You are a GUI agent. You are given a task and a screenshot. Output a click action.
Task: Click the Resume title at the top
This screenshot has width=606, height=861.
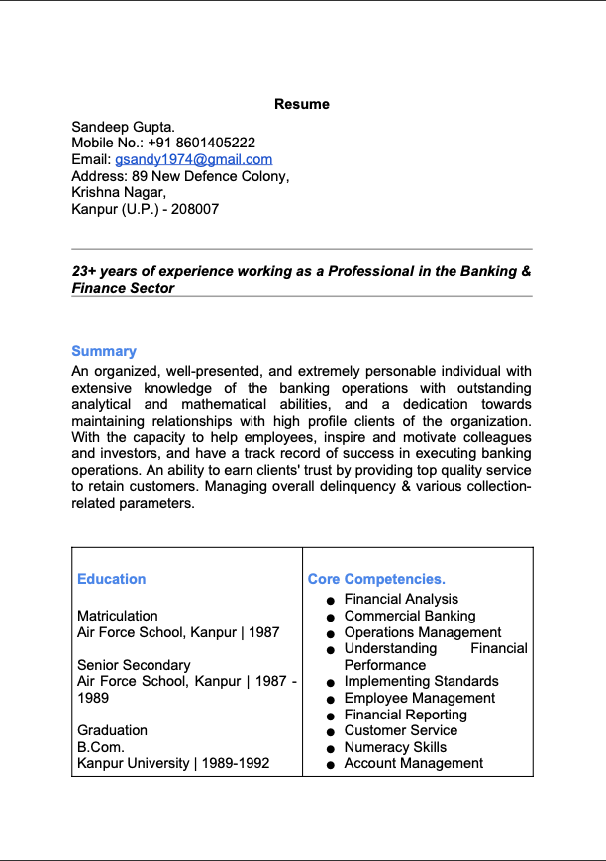coord(302,104)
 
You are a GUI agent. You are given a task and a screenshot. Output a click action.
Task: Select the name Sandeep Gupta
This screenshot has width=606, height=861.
coord(123,127)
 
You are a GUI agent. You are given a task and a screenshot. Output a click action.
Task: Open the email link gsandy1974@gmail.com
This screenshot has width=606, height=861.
coord(193,159)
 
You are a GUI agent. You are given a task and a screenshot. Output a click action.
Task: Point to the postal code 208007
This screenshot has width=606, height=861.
coord(195,209)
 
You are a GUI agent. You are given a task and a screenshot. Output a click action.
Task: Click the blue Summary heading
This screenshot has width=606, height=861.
coord(104,351)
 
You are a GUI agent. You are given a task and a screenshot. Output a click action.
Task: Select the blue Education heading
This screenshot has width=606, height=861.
coord(111,579)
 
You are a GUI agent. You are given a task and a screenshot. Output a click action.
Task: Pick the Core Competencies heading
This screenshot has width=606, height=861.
coord(376,579)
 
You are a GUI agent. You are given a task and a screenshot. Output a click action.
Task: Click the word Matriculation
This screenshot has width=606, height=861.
coord(118,616)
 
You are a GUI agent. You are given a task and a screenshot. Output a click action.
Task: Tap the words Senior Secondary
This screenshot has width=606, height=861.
coord(134,665)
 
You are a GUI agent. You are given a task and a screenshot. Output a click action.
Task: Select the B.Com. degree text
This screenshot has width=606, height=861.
coord(101,747)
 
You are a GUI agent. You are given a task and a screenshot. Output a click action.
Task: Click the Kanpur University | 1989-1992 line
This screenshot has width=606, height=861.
coord(173,764)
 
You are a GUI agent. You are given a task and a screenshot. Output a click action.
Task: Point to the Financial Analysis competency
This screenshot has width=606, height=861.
coord(401,599)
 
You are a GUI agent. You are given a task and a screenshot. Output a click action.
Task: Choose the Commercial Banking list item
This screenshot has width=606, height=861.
coord(410,616)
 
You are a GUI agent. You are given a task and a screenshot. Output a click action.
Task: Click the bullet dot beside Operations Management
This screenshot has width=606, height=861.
coord(330,633)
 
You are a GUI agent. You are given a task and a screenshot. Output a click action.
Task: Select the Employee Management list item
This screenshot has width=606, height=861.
coord(419,698)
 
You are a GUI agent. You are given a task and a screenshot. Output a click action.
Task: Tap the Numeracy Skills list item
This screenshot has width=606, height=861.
coord(395,747)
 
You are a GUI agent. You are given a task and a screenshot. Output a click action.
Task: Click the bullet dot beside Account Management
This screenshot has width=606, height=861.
coord(330,765)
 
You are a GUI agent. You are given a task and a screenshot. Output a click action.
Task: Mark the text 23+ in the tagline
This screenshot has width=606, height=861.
coord(84,271)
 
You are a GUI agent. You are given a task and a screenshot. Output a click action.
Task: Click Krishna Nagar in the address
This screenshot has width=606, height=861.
coord(118,192)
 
